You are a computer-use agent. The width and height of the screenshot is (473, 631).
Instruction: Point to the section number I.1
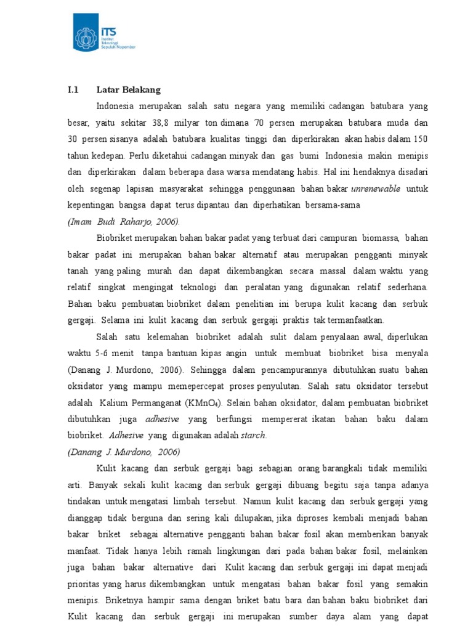73,90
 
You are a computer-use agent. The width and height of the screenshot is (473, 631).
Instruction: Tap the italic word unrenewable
375,188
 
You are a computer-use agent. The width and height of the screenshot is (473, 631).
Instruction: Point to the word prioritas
84,583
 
